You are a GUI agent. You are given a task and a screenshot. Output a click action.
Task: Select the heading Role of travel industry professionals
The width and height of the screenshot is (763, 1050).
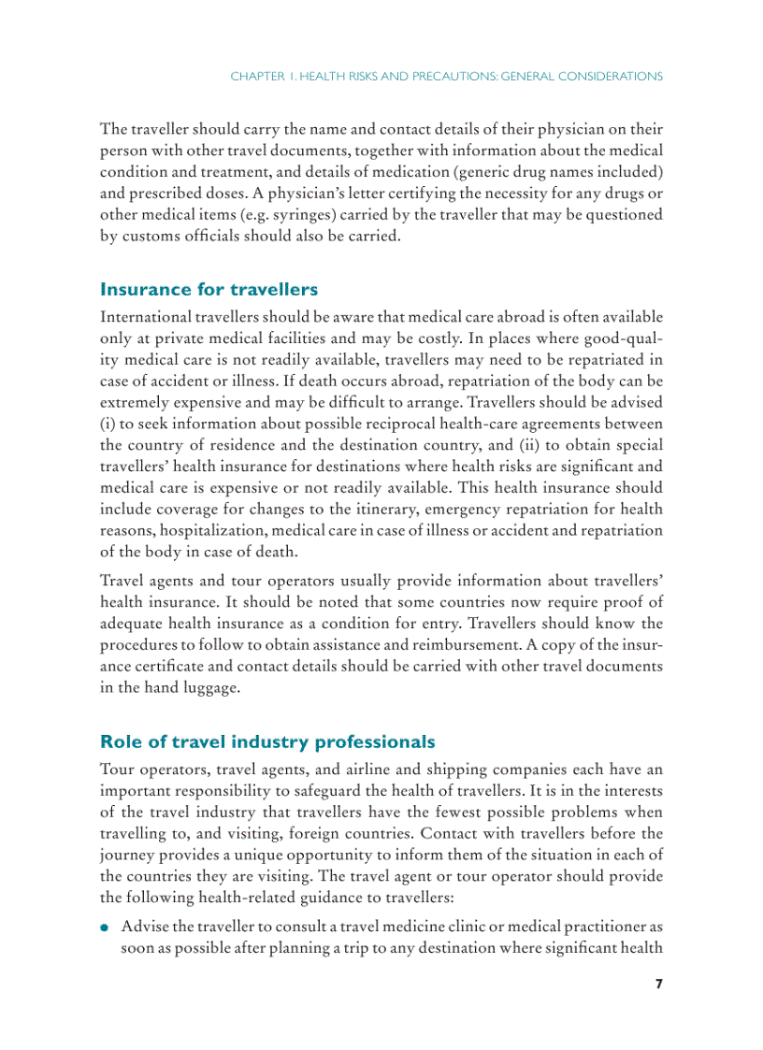point(266,742)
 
